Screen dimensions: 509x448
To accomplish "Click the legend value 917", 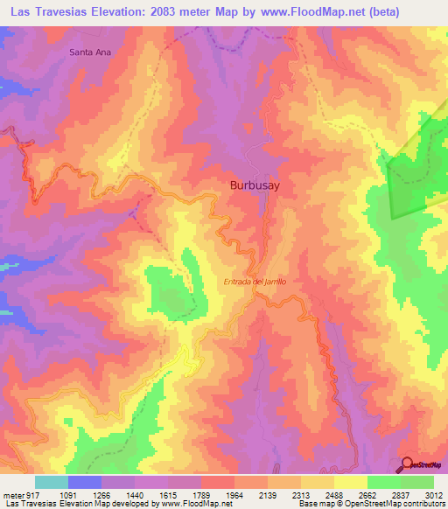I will point(33,495).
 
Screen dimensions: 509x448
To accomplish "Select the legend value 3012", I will point(436,495).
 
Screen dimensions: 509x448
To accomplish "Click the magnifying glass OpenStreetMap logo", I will point(408,464).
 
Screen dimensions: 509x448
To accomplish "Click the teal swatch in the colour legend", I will point(52,482).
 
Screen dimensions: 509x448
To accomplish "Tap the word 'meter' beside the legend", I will point(13,495).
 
